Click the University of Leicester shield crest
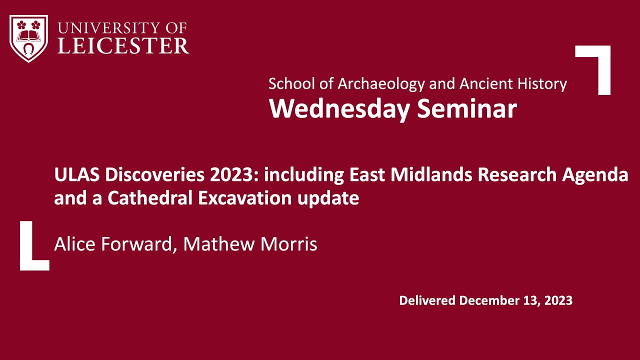tap(28, 38)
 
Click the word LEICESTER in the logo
tap(123, 46)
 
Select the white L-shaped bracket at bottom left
tap(30, 250)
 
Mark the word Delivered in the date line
tap(427, 301)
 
